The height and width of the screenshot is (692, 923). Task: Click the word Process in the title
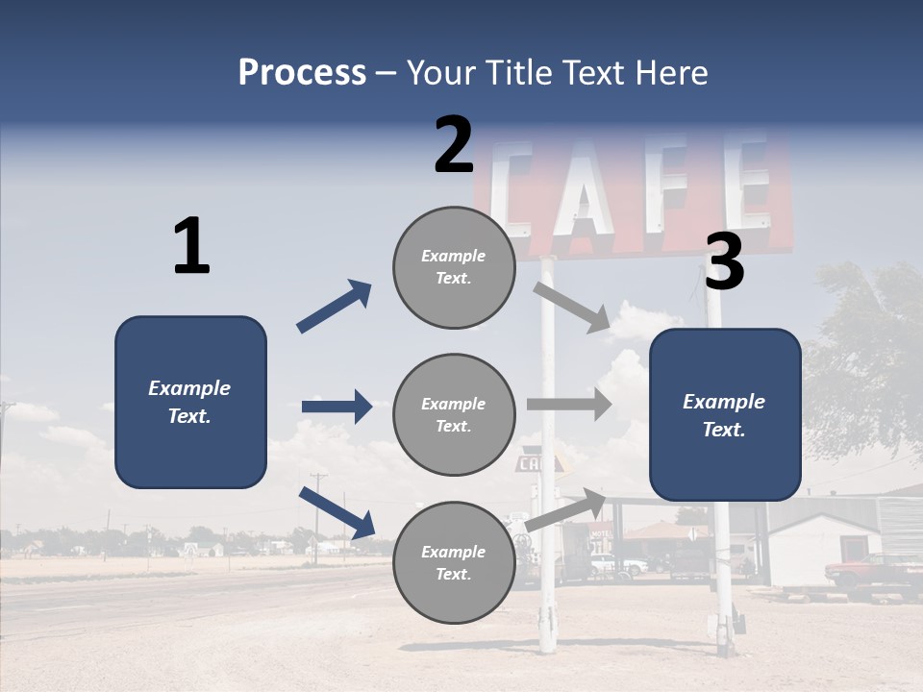pyautogui.click(x=302, y=73)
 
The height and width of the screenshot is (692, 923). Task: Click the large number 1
pyautogui.click(x=191, y=247)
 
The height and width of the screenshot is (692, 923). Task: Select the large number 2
pyautogui.click(x=454, y=145)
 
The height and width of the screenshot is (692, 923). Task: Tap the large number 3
pyautogui.click(x=724, y=262)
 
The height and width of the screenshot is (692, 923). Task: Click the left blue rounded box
pyautogui.click(x=190, y=402)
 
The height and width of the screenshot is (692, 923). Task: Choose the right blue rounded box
pyautogui.click(x=725, y=415)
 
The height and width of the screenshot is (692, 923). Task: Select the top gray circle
pyautogui.click(x=454, y=267)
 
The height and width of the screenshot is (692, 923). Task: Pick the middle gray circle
pyautogui.click(x=454, y=415)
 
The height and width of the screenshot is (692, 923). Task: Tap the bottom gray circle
pyautogui.click(x=454, y=563)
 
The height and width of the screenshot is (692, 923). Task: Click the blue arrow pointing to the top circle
pyautogui.click(x=335, y=306)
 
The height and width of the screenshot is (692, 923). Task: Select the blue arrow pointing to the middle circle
pyautogui.click(x=337, y=407)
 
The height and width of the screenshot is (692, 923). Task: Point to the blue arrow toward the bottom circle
pyautogui.click(x=337, y=512)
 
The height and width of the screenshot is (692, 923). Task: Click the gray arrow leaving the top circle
pyautogui.click(x=572, y=307)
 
